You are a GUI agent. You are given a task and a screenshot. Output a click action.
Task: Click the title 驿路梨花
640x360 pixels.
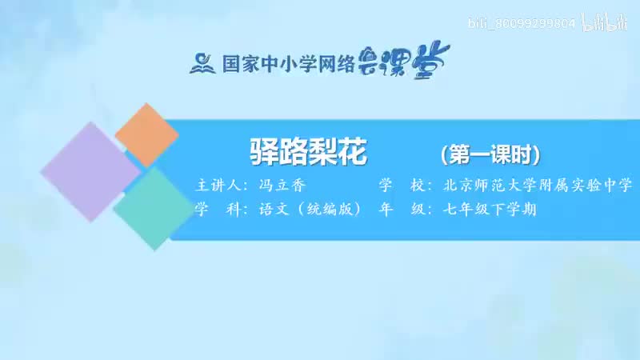(309, 152)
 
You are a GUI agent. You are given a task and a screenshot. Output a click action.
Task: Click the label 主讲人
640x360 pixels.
(218, 186)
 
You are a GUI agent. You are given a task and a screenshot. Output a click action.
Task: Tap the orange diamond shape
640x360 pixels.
(146, 134)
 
